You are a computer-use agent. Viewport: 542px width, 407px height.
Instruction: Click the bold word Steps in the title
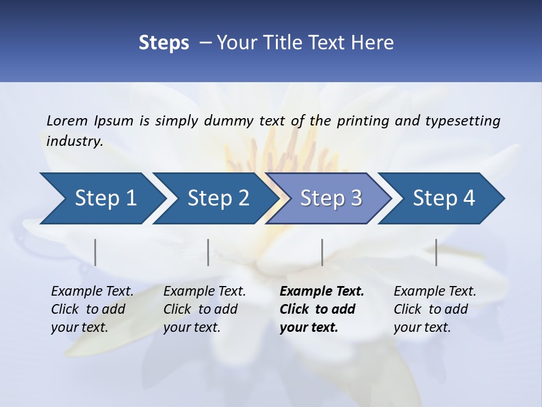pyautogui.click(x=164, y=43)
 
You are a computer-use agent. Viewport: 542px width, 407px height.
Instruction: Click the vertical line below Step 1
pyautogui.click(x=95, y=252)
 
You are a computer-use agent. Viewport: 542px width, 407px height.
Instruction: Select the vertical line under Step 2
pyautogui.click(x=208, y=252)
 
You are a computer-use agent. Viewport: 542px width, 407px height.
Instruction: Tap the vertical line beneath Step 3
pyautogui.click(x=322, y=252)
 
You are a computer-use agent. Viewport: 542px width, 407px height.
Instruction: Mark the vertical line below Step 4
pyautogui.click(x=436, y=252)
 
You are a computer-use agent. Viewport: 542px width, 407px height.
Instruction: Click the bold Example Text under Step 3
pyautogui.click(x=322, y=292)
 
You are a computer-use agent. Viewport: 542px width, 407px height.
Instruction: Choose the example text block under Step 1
pyautogui.click(x=92, y=309)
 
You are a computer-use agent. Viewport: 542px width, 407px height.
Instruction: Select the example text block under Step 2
pyautogui.click(x=204, y=309)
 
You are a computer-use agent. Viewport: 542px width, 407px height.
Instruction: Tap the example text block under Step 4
pyautogui.click(x=435, y=309)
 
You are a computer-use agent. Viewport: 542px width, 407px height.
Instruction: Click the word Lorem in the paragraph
pyautogui.click(x=67, y=121)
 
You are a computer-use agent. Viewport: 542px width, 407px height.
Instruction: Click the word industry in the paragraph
pyautogui.click(x=74, y=141)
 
